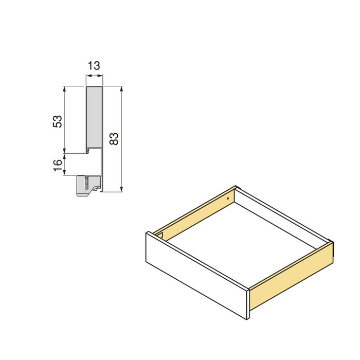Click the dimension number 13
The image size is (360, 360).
tap(94, 66)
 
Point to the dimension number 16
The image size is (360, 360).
tap(58, 165)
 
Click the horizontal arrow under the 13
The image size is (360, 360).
tap(94, 76)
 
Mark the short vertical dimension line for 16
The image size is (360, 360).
tap(65, 164)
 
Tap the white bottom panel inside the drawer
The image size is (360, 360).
tap(242, 242)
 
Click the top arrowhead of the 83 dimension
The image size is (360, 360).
tap(121, 88)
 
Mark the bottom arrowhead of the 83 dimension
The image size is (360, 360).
tap(121, 189)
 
